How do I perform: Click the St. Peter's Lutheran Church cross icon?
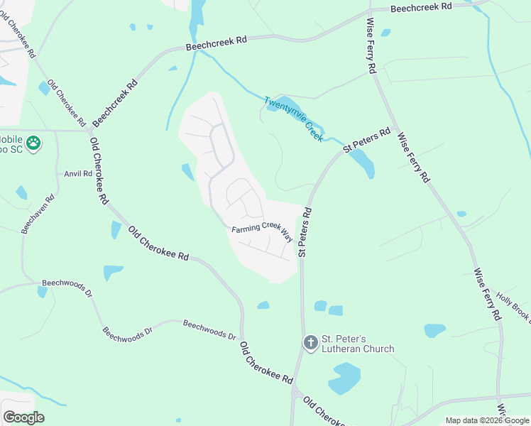(310, 343)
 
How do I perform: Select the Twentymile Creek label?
(294, 119)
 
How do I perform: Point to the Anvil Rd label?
(78, 173)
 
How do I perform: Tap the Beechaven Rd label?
(38, 214)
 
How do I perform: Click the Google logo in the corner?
(23, 417)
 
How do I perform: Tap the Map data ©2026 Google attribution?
(487, 420)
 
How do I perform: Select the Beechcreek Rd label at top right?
(422, 7)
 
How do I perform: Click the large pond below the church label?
(345, 378)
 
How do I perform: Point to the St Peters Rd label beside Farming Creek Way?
(305, 231)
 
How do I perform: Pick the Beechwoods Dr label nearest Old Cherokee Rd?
(209, 329)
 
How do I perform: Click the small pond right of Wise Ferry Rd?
(435, 330)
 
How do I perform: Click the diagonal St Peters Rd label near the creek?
(367, 140)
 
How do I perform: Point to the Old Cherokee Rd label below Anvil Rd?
(99, 170)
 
